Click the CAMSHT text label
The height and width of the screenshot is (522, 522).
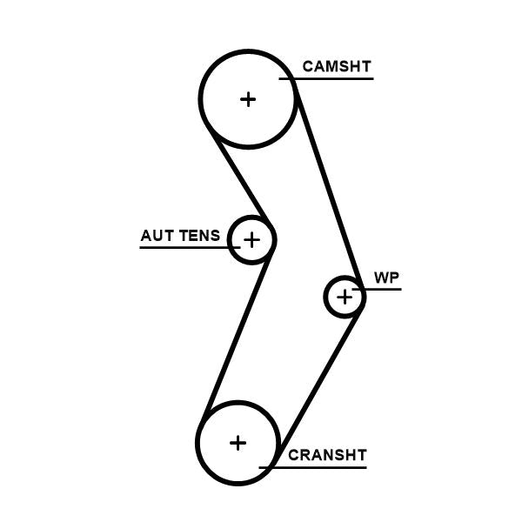[337, 66]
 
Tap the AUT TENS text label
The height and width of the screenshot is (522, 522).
[180, 236]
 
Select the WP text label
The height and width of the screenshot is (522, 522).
[386, 278]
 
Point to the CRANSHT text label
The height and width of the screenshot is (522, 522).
[327, 455]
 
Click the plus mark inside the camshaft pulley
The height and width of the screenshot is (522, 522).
[248, 99]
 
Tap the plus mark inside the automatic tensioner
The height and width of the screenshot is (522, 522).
[251, 238]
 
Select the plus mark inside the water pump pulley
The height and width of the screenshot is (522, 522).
[345, 298]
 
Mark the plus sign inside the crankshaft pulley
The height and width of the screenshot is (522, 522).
[238, 443]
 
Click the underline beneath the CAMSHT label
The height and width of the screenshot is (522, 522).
[331, 79]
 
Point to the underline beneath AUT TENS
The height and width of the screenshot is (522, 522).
[187, 248]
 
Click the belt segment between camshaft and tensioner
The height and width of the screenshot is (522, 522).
[238, 178]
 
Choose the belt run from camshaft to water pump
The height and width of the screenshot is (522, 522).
[330, 187]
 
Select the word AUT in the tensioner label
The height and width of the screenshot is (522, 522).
[157, 236]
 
